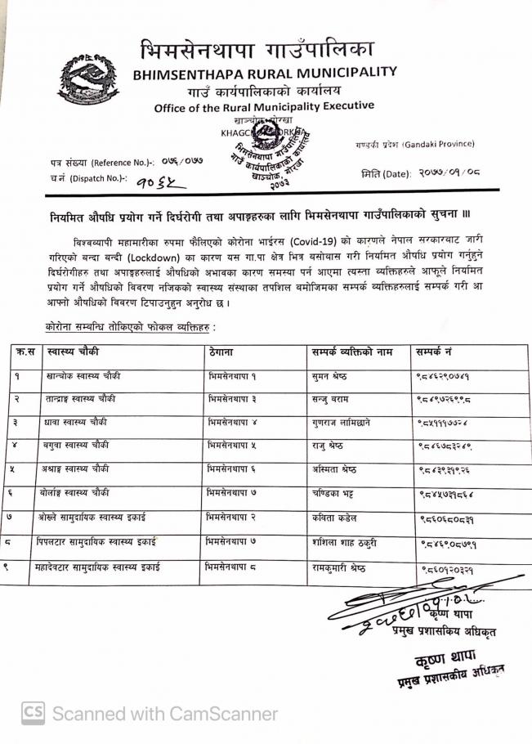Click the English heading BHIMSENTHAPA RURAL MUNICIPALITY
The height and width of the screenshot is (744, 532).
click(x=265, y=72)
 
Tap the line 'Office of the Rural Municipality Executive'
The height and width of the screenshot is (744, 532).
click(x=264, y=106)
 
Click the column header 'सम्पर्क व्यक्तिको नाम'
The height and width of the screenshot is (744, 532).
click(x=352, y=352)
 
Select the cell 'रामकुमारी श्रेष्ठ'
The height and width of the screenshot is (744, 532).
click(x=338, y=568)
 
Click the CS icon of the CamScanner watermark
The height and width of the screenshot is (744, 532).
click(x=33, y=713)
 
